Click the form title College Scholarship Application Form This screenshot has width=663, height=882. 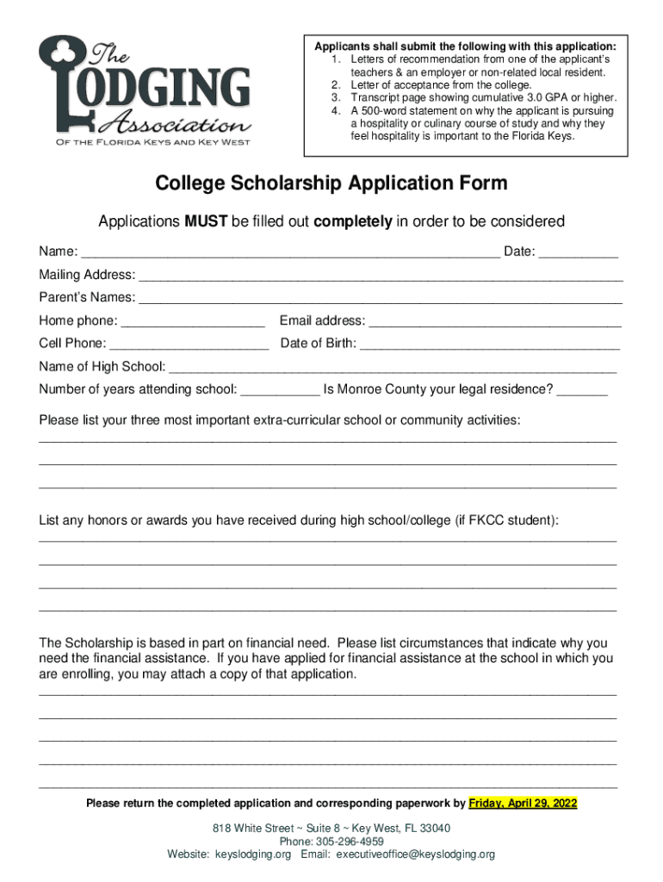tap(331, 183)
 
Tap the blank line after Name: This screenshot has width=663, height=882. tap(290, 253)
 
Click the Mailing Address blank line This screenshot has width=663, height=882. tap(381, 276)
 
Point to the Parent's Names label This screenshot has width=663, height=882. tap(87, 297)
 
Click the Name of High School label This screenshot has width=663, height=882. tap(102, 366)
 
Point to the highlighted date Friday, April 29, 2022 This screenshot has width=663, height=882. tap(523, 804)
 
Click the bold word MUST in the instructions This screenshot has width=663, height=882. tap(205, 221)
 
